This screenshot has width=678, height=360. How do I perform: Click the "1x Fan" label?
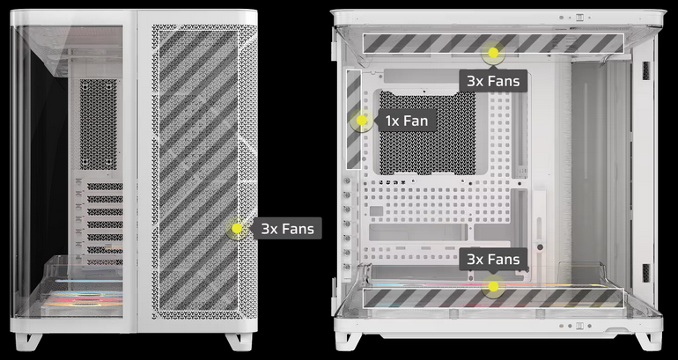point(407,121)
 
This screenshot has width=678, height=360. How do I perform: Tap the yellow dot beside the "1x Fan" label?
point(362,121)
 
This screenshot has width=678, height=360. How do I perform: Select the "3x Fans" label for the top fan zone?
point(493,81)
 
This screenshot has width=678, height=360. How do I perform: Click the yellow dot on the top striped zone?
point(493,53)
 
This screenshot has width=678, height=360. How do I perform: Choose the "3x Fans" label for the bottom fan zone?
point(493,259)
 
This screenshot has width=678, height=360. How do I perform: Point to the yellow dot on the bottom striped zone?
point(493,287)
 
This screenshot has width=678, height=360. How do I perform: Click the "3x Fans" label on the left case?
point(288,228)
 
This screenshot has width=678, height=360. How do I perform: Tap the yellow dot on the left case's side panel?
point(237,228)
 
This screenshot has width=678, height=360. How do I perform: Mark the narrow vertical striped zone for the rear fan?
point(354,119)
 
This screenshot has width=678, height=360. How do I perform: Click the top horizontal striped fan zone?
point(493,43)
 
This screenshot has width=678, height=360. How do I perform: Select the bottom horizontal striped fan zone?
point(493,298)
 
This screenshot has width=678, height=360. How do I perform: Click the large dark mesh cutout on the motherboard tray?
point(427,133)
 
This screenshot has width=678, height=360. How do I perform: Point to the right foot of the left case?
point(240,341)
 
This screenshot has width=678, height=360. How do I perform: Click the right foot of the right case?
point(649,341)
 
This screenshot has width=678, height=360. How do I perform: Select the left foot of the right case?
point(348,341)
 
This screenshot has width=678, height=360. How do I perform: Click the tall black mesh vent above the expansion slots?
point(99,124)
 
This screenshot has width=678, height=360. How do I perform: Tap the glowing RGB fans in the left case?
point(82,298)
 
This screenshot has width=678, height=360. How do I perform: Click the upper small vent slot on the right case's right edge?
point(646,71)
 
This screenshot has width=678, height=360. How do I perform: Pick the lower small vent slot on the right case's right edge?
point(646,273)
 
